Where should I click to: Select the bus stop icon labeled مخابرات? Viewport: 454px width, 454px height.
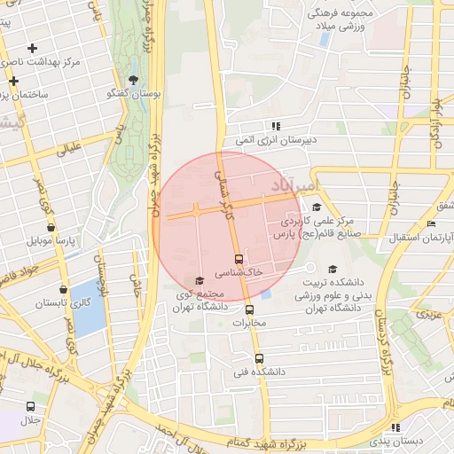pyautogui.click(x=249, y=310)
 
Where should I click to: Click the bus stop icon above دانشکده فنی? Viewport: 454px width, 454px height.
pyautogui.click(x=259, y=359)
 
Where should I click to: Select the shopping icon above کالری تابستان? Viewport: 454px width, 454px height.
pyautogui.click(x=62, y=289)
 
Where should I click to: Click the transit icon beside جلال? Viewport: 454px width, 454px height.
pyautogui.click(x=30, y=406)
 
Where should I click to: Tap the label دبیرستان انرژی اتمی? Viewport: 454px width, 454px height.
pyautogui.click(x=276, y=139)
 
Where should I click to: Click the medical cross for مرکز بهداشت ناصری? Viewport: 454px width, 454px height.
pyautogui.click(x=32, y=48)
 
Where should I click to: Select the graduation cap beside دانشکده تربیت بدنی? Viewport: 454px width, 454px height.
pyautogui.click(x=333, y=270)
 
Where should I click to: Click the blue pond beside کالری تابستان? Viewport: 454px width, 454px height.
pyautogui.click(x=87, y=308)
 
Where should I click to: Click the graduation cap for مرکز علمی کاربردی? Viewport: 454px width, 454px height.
pyautogui.click(x=316, y=207)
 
